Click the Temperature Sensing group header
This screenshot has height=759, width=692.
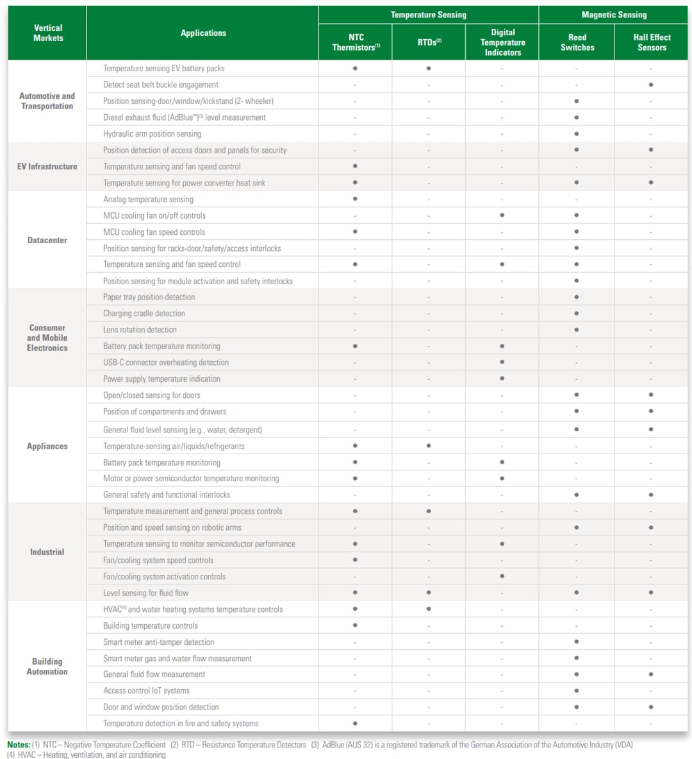point(428,15)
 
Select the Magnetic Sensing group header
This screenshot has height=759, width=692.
point(613,15)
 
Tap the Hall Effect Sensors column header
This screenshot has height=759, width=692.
point(651,42)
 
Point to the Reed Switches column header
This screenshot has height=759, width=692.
point(577,42)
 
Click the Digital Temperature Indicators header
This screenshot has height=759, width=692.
point(502,42)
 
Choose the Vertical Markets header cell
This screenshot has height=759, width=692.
point(47,33)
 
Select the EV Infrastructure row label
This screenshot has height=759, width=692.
point(47,167)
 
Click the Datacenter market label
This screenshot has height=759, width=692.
point(47,240)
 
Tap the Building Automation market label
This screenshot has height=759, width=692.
point(47,667)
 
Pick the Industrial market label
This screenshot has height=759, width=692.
point(47,552)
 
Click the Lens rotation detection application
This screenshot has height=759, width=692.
point(140,330)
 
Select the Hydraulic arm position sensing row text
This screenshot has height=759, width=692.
point(152,134)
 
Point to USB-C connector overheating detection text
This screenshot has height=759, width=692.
point(166,362)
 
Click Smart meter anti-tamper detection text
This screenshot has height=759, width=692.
point(158,642)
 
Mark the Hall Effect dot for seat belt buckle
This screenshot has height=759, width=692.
point(651,85)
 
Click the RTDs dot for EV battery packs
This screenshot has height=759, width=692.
point(429,68)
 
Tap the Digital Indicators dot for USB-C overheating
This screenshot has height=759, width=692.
point(502,362)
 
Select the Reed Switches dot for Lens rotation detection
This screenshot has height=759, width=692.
point(577,330)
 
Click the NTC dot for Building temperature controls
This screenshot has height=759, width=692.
point(355,626)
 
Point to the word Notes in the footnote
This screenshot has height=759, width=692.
point(19,745)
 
